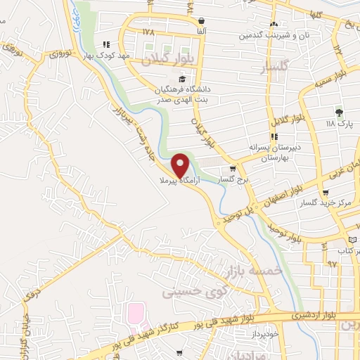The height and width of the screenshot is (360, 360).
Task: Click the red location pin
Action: click(181, 165)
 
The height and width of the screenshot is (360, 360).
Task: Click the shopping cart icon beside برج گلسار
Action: click(233, 169)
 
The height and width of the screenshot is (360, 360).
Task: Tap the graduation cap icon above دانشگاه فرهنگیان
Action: click(181, 79)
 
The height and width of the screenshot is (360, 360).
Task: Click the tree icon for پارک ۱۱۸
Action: click(339, 112)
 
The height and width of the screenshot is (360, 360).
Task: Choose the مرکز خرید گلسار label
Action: click(325, 203)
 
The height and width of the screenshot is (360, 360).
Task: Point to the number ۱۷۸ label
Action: click(148, 32)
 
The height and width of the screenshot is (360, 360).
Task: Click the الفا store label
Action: click(202, 32)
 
